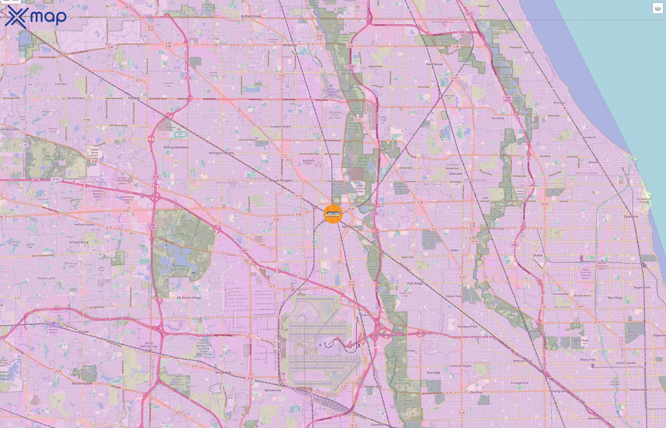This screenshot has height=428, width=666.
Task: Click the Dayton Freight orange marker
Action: pos(333,214)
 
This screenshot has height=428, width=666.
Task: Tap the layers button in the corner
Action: pos(658,8)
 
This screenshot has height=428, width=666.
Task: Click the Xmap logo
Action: pos(36,17)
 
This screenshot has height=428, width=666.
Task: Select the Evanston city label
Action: pos(631,217)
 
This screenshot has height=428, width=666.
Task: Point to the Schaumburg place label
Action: pos(79,242)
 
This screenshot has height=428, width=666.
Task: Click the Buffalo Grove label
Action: pos(251,16)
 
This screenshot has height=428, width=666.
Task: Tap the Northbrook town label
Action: pos(435,64)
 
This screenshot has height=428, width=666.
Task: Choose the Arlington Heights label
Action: pos(221,153)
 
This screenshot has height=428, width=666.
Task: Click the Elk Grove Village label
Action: pos(189,298)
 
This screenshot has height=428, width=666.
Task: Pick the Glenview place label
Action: pos(455,174)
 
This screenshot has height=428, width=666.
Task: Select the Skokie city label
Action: pos(538,255)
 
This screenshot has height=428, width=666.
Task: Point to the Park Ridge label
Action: pos(415,283)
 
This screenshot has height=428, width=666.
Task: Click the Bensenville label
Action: pos(273,390)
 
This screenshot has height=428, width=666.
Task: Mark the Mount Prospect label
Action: pos(281,180)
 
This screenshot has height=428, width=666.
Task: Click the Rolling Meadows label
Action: pos(176,147)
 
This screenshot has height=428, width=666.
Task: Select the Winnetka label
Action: pos(559,102)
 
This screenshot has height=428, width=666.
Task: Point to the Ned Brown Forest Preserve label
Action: pos(180,267)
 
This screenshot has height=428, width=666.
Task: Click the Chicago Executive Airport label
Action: pos(331,92)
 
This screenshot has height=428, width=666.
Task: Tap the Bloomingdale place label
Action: pos(82,384)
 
